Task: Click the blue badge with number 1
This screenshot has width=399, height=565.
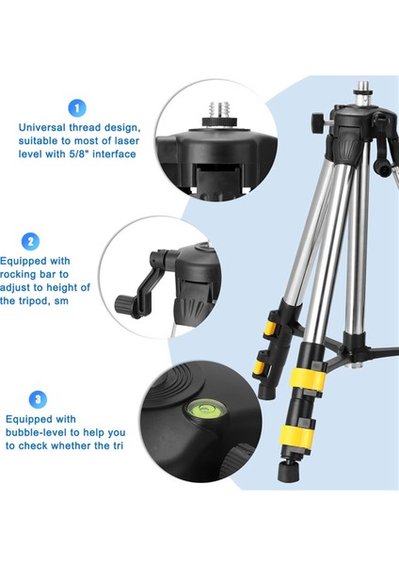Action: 77,108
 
